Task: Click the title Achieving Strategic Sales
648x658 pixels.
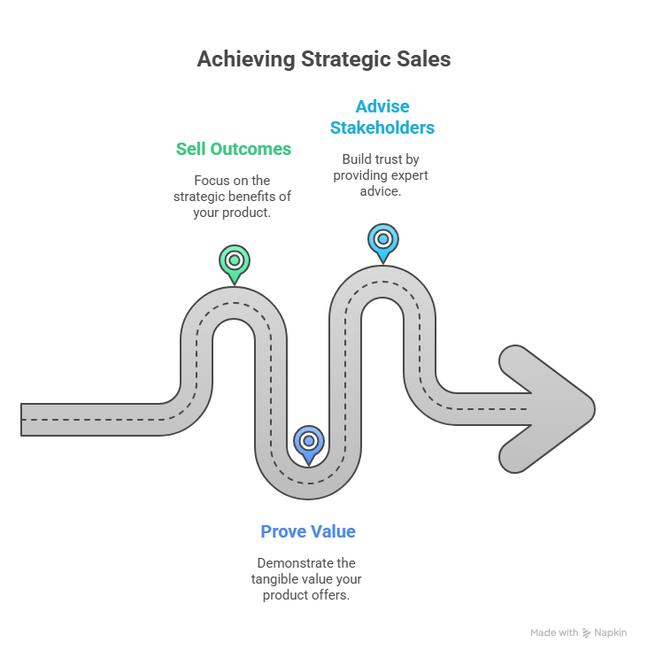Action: [x=323, y=59]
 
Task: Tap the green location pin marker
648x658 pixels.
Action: [x=234, y=262]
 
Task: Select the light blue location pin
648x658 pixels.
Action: [x=382, y=240]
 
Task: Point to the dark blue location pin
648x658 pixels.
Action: [x=308, y=441]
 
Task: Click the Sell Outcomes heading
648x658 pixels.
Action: [x=233, y=149]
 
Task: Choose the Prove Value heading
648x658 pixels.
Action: [x=308, y=531]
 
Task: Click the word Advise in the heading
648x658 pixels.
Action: [x=382, y=107]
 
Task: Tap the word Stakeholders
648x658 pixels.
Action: [x=382, y=128]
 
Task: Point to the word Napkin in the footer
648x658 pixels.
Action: [x=611, y=633]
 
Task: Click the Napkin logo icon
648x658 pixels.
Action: [x=587, y=633]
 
